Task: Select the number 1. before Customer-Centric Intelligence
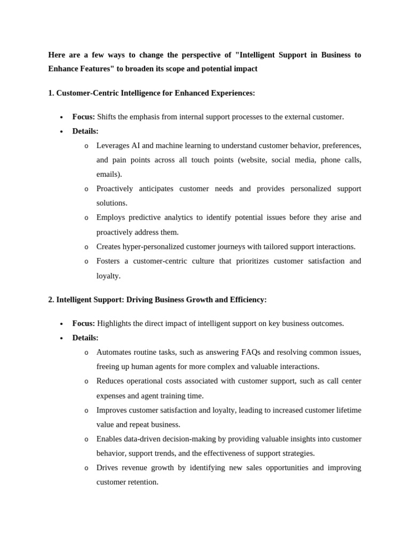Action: [51, 93]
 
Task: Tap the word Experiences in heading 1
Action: [232, 93]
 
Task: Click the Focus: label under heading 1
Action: [84, 116]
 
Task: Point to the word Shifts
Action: [107, 116]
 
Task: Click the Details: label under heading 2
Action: [85, 338]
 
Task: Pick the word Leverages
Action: [114, 145]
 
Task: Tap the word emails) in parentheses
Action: [109, 174]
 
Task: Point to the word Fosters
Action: [108, 261]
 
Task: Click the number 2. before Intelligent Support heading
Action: [51, 300]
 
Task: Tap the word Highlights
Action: [116, 323]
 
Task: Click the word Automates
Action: [114, 352]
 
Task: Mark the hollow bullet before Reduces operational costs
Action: [86, 381]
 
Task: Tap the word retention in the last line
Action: [143, 482]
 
